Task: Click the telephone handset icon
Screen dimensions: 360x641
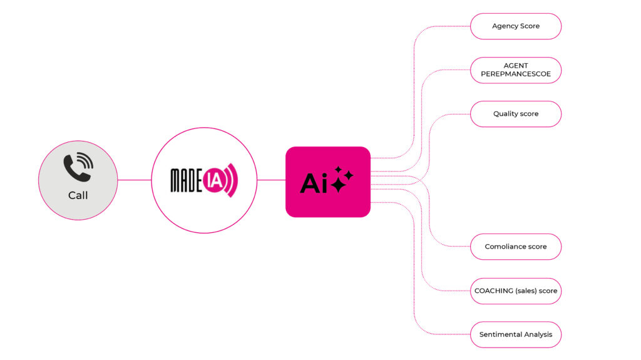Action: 78,168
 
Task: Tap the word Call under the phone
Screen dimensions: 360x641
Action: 78,195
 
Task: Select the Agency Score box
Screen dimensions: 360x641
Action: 516,26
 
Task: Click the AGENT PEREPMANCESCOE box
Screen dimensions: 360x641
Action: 516,70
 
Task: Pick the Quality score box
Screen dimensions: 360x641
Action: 516,114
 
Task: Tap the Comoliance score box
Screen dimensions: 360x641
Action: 516,247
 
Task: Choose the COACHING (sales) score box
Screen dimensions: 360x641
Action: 516,291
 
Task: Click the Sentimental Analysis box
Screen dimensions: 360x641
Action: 516,334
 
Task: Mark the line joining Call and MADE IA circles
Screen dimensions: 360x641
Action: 134,180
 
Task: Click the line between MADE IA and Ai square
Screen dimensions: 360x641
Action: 271,180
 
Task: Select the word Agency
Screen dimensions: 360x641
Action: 505,26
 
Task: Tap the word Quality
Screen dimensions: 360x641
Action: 505,114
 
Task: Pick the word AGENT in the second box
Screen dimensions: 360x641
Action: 516,66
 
